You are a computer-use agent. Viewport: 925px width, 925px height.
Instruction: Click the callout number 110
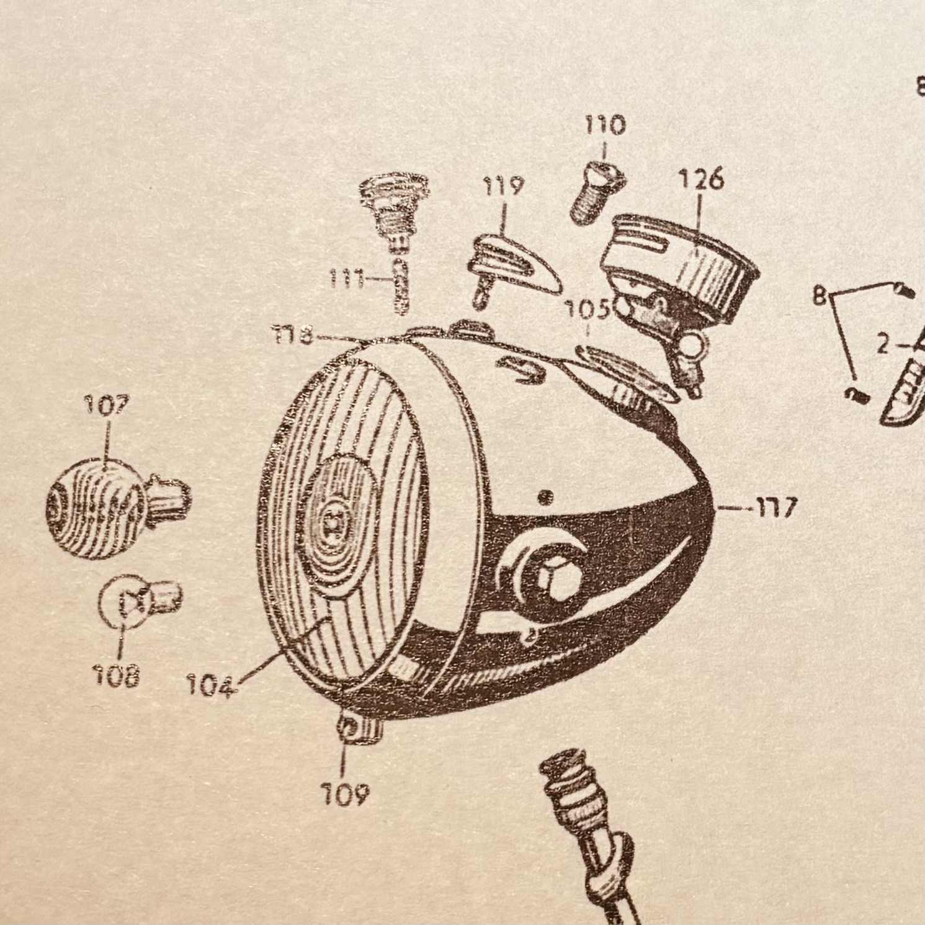click(x=605, y=126)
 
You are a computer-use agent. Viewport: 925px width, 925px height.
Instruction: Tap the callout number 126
click(x=700, y=180)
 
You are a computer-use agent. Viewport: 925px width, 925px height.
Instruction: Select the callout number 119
click(x=503, y=186)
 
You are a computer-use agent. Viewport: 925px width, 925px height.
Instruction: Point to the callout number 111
click(x=346, y=280)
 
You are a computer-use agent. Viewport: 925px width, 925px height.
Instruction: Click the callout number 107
click(x=107, y=407)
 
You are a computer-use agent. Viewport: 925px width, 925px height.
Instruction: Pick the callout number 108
click(x=116, y=675)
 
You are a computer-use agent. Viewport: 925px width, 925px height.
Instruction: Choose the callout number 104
click(x=212, y=686)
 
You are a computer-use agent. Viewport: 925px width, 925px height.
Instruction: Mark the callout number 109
click(x=345, y=793)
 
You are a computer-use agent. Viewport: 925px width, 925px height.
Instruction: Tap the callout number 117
click(x=775, y=509)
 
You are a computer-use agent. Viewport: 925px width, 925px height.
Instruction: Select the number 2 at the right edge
click(x=883, y=345)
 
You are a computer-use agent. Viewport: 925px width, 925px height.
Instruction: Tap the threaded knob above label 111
click(x=395, y=208)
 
